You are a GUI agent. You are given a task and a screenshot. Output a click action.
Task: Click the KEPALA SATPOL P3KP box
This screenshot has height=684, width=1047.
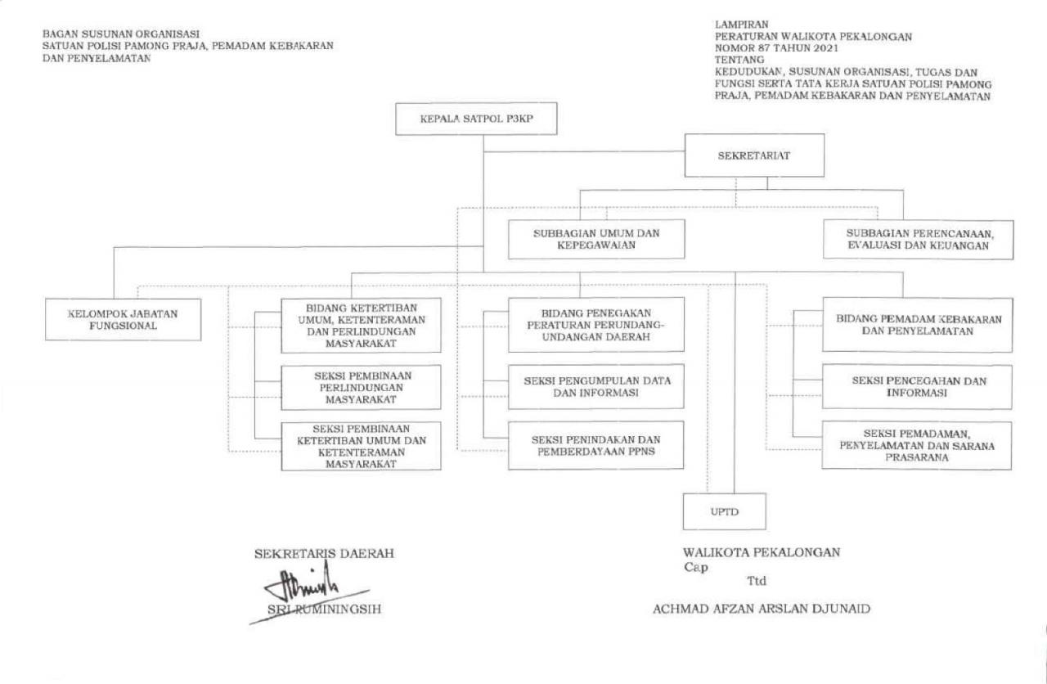click(476, 119)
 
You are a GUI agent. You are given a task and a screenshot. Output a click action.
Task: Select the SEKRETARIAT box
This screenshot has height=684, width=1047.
click(754, 155)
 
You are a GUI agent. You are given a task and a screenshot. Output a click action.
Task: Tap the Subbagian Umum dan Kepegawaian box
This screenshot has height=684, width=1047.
click(596, 239)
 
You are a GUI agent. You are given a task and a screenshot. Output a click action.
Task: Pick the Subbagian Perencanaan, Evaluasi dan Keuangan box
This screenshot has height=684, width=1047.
click(919, 240)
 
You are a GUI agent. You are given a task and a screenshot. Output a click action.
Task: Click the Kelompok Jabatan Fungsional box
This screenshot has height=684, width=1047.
click(124, 320)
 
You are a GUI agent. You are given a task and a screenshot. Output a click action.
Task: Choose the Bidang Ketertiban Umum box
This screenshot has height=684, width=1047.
click(361, 326)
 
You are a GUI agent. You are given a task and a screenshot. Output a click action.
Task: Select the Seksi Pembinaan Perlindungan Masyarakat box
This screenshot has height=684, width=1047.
click(361, 388)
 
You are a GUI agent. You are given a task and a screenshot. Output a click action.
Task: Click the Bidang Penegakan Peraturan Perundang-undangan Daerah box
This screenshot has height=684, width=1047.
click(596, 325)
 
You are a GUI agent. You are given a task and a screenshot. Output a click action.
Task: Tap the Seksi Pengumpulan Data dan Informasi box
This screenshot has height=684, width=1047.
click(596, 387)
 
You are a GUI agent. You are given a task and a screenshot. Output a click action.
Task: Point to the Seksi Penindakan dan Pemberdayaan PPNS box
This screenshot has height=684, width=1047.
click(596, 445)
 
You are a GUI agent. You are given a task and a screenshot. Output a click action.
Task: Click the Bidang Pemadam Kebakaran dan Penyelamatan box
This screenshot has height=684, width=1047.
click(918, 325)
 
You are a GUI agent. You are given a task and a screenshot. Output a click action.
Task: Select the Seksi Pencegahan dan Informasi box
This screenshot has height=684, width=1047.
click(917, 387)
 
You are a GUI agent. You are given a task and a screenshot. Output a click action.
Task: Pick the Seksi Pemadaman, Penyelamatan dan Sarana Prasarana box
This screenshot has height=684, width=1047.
click(917, 446)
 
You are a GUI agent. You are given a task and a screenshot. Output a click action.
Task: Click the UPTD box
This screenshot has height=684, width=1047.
click(725, 511)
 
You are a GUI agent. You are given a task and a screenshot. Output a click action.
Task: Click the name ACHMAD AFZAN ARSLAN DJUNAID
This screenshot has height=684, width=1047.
click(762, 609)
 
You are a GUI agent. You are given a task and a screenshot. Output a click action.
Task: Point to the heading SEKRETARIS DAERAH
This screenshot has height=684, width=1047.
click(325, 554)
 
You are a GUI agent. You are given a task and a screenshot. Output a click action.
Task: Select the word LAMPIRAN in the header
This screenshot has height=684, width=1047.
click(742, 25)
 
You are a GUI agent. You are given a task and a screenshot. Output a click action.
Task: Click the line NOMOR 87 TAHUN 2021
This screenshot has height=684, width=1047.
click(776, 47)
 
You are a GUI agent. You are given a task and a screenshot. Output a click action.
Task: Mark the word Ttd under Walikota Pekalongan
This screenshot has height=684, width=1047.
click(757, 581)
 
